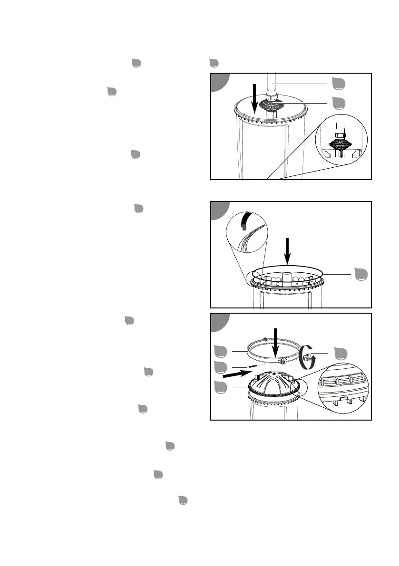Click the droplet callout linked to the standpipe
[x=339, y=84]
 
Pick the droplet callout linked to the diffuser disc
[x=339, y=102]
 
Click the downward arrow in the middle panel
[x=287, y=251]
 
